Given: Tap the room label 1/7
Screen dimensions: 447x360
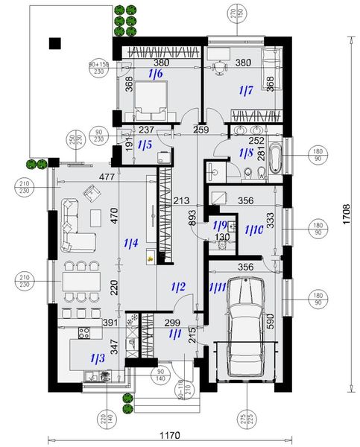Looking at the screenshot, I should tap(246, 90).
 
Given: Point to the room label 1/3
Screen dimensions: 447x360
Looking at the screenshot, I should tap(98, 358).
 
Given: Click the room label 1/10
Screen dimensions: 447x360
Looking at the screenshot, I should tap(254, 230).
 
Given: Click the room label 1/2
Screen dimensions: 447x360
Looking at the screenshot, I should tap(178, 287).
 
